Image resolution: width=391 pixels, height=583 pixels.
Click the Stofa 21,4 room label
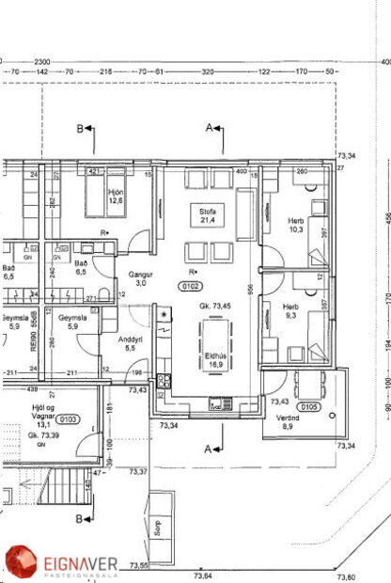tap(208, 215)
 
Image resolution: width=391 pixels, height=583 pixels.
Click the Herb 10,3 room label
tap(296, 226)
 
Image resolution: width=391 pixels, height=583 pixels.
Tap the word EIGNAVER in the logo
tap(80, 562)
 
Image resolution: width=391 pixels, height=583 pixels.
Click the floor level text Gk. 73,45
tap(215, 307)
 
